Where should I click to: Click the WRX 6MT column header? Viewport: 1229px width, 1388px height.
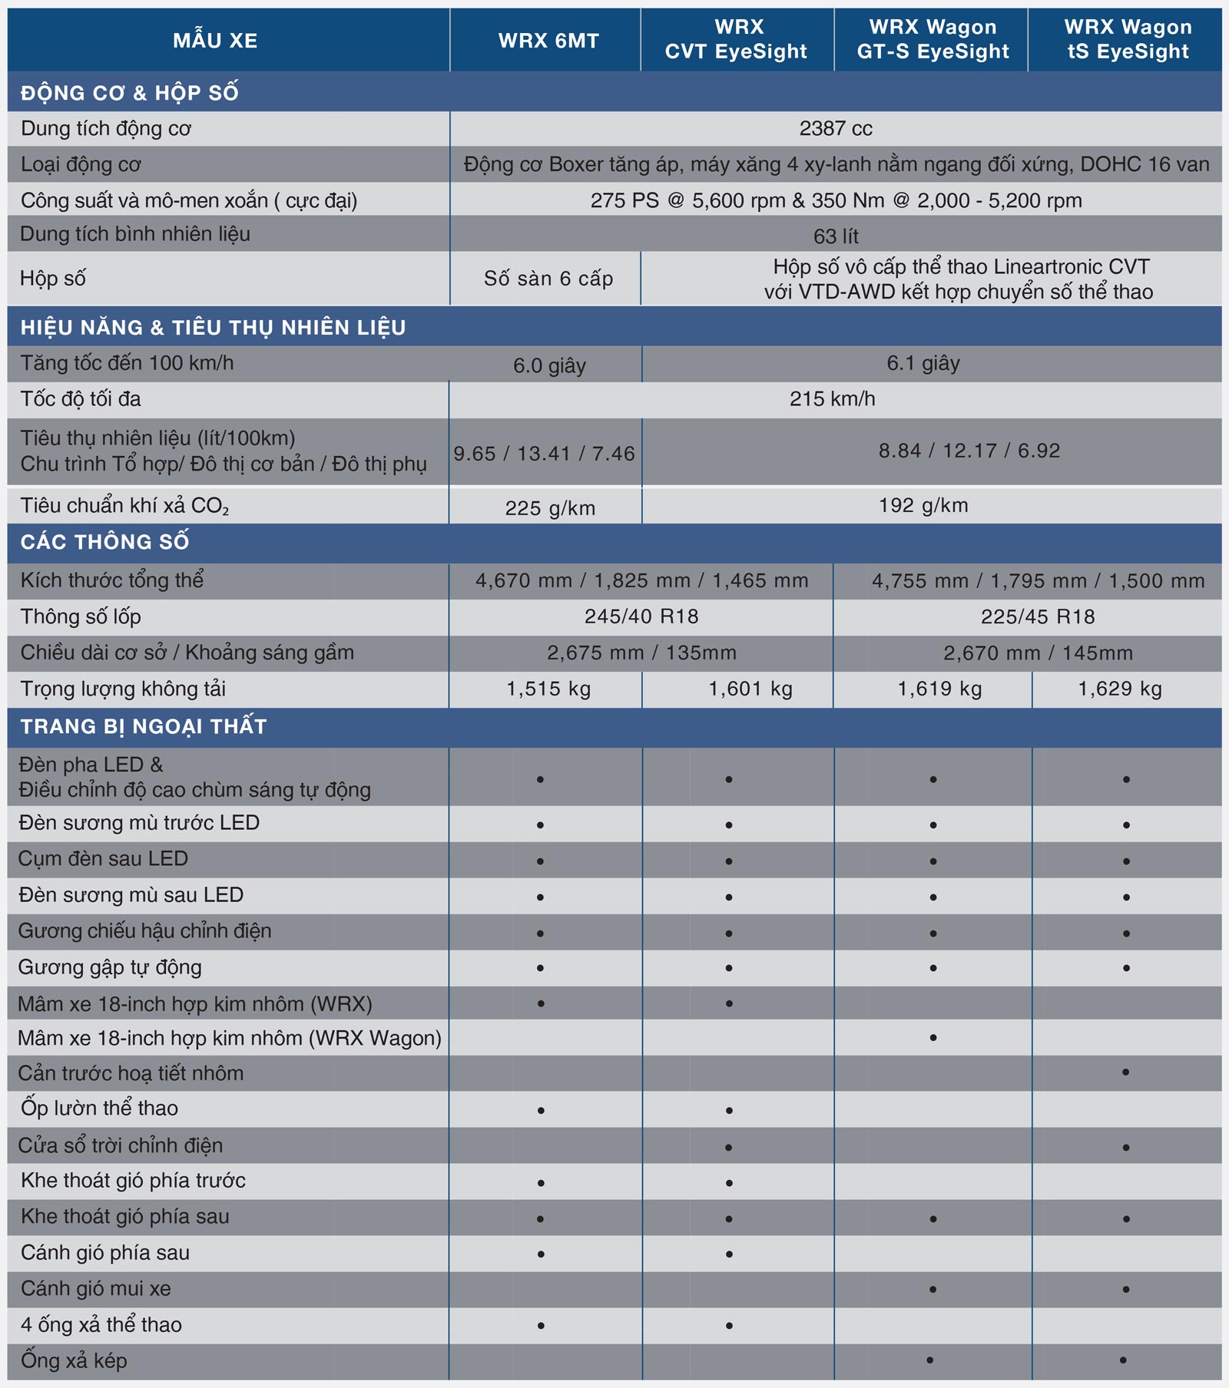click(x=548, y=41)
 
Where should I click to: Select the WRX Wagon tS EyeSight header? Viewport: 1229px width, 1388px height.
click(x=1128, y=39)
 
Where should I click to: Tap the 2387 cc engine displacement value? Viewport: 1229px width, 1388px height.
click(x=836, y=128)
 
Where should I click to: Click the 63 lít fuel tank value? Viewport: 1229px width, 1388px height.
click(x=836, y=236)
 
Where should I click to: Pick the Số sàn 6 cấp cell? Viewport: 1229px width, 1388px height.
click(x=548, y=279)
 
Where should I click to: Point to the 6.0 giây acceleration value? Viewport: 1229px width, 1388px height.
click(x=549, y=365)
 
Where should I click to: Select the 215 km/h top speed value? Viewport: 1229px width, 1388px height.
click(x=833, y=399)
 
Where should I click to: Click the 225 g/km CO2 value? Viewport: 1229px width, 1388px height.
click(x=550, y=508)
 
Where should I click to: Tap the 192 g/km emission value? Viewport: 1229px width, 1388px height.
click(x=923, y=505)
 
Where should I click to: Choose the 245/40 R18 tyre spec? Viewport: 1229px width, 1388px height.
click(x=641, y=616)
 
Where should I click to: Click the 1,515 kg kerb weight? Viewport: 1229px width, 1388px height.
click(x=548, y=689)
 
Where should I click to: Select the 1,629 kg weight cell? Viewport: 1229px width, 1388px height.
click(x=1120, y=689)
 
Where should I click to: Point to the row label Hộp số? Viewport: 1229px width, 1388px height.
click(x=53, y=278)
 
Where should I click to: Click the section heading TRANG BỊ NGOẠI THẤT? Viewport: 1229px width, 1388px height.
click(x=144, y=726)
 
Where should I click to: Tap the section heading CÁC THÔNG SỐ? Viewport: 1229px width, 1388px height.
click(x=104, y=542)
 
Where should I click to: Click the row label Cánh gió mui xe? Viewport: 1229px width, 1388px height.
click(x=96, y=1288)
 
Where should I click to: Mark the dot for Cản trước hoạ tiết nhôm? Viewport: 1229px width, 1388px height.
click(x=1125, y=1072)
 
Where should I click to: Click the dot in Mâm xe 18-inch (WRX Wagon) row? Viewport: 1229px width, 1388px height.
click(x=933, y=1038)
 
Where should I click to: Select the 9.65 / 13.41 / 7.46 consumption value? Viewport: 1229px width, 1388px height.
click(x=544, y=454)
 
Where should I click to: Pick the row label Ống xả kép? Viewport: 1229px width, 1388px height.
click(x=74, y=1360)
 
